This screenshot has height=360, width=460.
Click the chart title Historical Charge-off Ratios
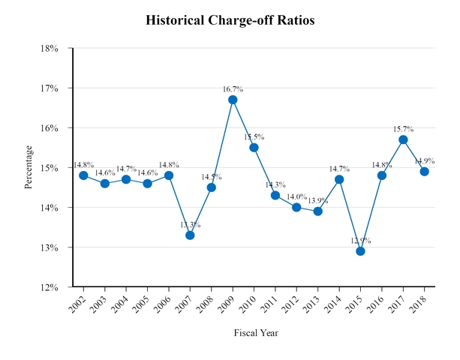point(230,20)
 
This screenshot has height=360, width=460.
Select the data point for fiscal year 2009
point(233,100)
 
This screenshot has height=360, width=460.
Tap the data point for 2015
point(360,250)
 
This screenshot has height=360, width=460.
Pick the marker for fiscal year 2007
point(190,235)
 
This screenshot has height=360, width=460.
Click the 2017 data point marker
point(403,139)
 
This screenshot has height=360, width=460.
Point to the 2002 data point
point(83,175)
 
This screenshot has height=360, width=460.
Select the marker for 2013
point(317,211)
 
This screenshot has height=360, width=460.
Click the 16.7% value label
point(233,89)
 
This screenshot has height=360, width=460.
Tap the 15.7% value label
point(403,129)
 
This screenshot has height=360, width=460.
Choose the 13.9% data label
point(317,200)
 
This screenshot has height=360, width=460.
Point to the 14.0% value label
point(296,196)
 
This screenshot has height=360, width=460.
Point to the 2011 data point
point(275,195)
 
